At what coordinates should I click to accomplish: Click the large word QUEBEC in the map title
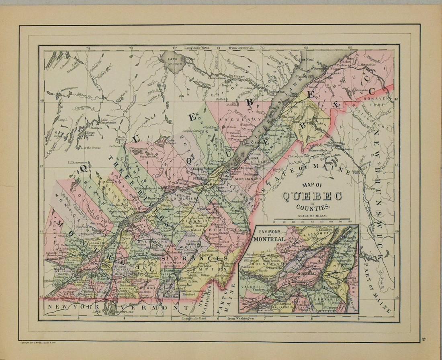point(312,196)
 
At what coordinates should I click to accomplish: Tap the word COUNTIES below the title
point(313,207)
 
